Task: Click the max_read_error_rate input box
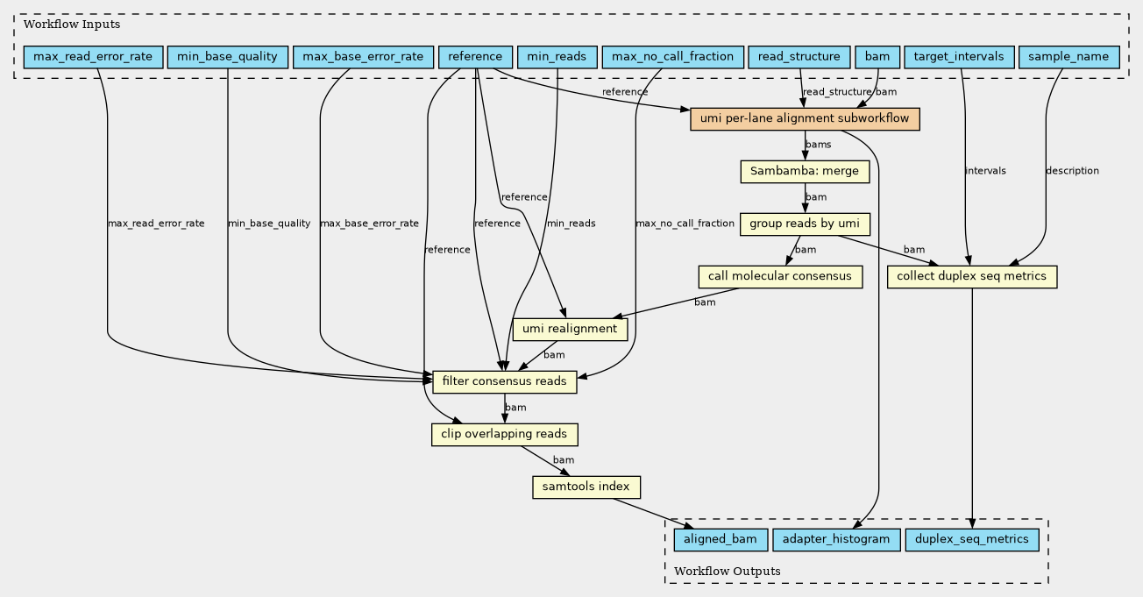94,57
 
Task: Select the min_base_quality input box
228,57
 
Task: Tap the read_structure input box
799,57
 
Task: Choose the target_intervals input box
959,57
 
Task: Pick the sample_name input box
1069,57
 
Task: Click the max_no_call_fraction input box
673,57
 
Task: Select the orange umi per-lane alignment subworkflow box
805,119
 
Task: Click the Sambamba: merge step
805,172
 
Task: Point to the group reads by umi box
805,224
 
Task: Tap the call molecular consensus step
780,276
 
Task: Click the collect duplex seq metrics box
972,276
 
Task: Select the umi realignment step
570,329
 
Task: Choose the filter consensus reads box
505,381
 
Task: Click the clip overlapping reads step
505,434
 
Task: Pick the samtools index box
586,487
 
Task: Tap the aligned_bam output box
721,539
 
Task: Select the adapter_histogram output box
836,539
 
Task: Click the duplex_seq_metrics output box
972,539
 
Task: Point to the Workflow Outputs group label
728,571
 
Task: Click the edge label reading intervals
985,171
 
